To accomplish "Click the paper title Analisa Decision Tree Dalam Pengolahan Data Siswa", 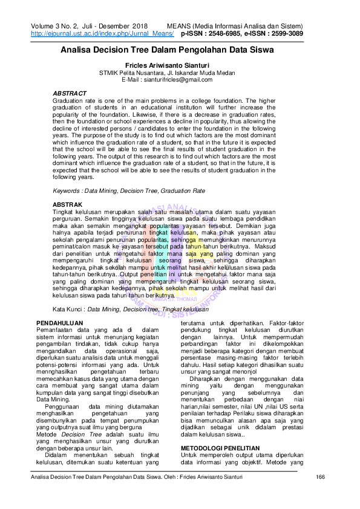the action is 180,51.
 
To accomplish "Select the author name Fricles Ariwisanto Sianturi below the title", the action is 180,65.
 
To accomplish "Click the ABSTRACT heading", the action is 70,93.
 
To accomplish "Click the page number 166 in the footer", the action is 321,494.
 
